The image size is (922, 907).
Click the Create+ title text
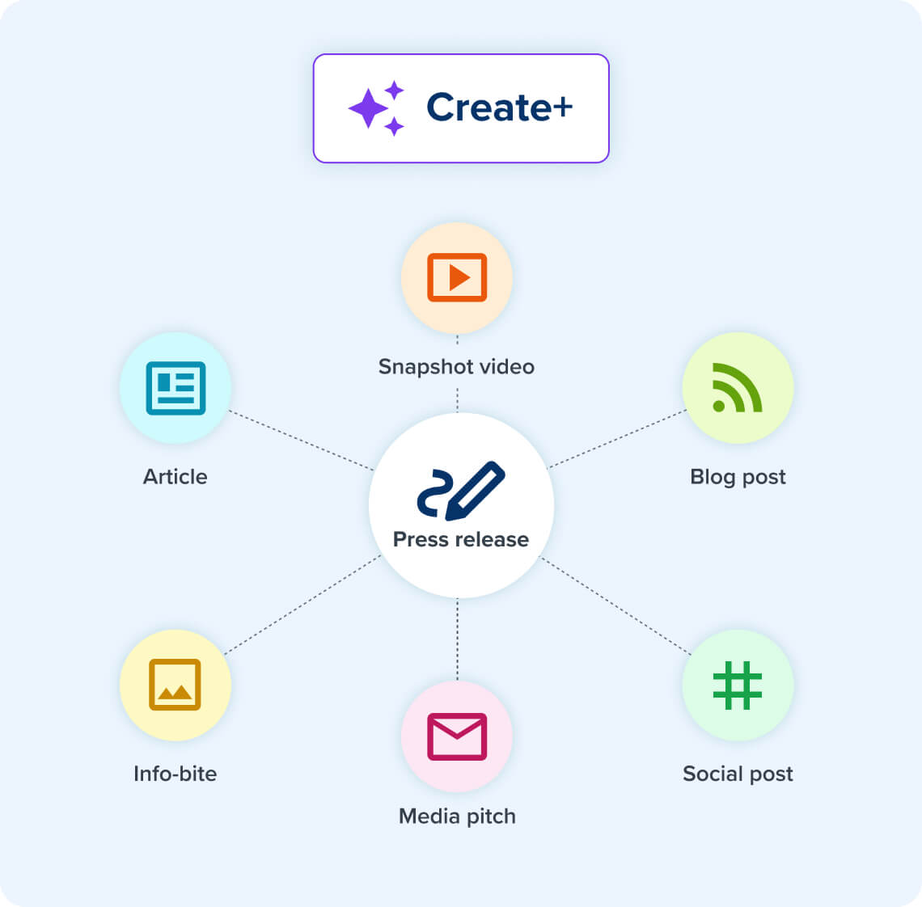click(x=499, y=108)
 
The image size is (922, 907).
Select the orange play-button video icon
click(x=457, y=277)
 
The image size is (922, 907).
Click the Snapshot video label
click(x=456, y=366)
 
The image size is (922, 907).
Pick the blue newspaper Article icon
click(x=176, y=388)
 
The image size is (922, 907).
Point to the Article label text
click(x=175, y=477)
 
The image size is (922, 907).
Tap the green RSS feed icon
click(x=738, y=387)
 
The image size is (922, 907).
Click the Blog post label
click(x=738, y=477)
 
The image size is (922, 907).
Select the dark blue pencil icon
click(x=461, y=490)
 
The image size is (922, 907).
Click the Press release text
click(x=461, y=539)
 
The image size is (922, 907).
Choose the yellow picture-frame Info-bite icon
click(x=175, y=685)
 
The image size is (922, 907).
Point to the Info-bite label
click(x=175, y=774)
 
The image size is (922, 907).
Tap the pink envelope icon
click(x=457, y=736)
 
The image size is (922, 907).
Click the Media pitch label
click(x=457, y=816)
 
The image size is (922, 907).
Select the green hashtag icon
click(x=738, y=686)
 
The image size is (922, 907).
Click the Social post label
click(x=738, y=774)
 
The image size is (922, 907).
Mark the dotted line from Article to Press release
click(x=301, y=440)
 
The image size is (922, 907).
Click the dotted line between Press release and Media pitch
click(x=457, y=639)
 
